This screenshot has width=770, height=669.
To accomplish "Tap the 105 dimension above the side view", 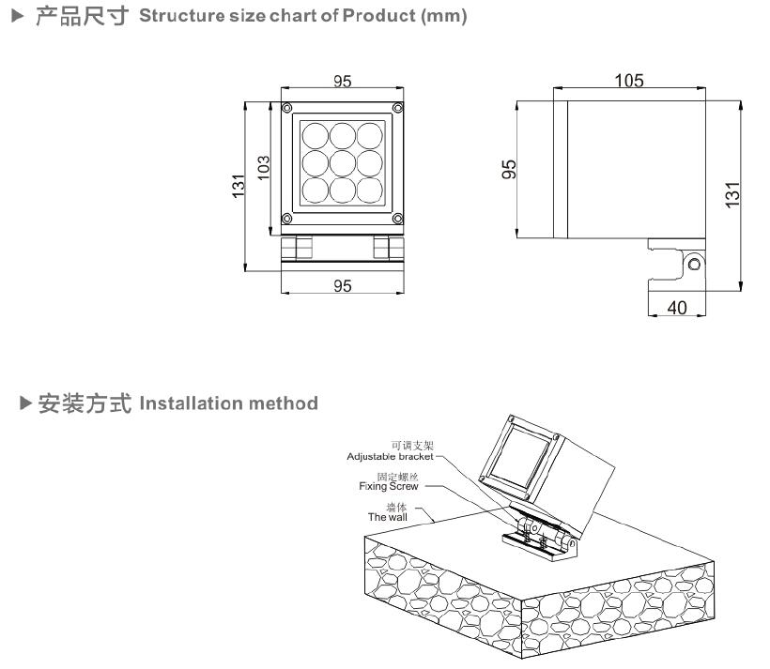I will click(628, 81).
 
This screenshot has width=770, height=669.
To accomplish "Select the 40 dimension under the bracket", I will click(675, 307).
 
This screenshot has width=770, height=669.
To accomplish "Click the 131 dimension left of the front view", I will click(239, 185).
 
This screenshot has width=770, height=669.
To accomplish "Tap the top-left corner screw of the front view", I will click(287, 107).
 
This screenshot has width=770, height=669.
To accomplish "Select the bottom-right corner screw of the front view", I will click(398, 218).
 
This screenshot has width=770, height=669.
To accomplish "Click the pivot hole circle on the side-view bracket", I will click(694, 264).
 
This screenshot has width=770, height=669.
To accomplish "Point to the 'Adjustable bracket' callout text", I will click(390, 457).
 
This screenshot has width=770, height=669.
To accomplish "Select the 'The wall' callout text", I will click(388, 516).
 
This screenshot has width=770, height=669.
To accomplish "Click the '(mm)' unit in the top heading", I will click(445, 18).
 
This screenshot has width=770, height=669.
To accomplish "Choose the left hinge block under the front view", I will click(302, 248).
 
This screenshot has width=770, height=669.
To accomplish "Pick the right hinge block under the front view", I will click(383, 248).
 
